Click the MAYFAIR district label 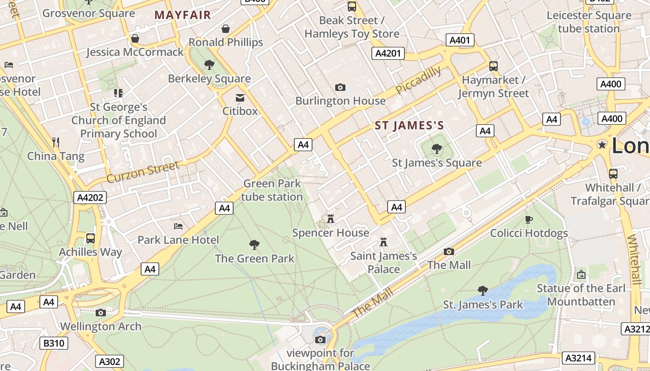coord(182,15)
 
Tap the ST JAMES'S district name coord(409,126)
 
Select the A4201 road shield coord(388,53)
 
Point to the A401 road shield coord(460,40)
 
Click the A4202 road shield coord(90,198)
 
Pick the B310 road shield coord(54,344)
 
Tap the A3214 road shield coord(578,358)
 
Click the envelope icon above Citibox coord(240,98)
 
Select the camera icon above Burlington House coord(340,87)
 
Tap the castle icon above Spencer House coord(331,219)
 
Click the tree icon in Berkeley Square coord(209,65)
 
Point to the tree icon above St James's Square coord(436,149)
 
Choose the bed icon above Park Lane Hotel coord(178,226)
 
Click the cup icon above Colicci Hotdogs coord(528,219)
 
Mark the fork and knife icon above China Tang coord(56,142)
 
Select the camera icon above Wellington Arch coord(100,313)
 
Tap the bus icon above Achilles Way coord(91,238)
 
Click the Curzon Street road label coord(143,172)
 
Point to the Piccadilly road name coord(418,80)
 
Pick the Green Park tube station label coord(272,190)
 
